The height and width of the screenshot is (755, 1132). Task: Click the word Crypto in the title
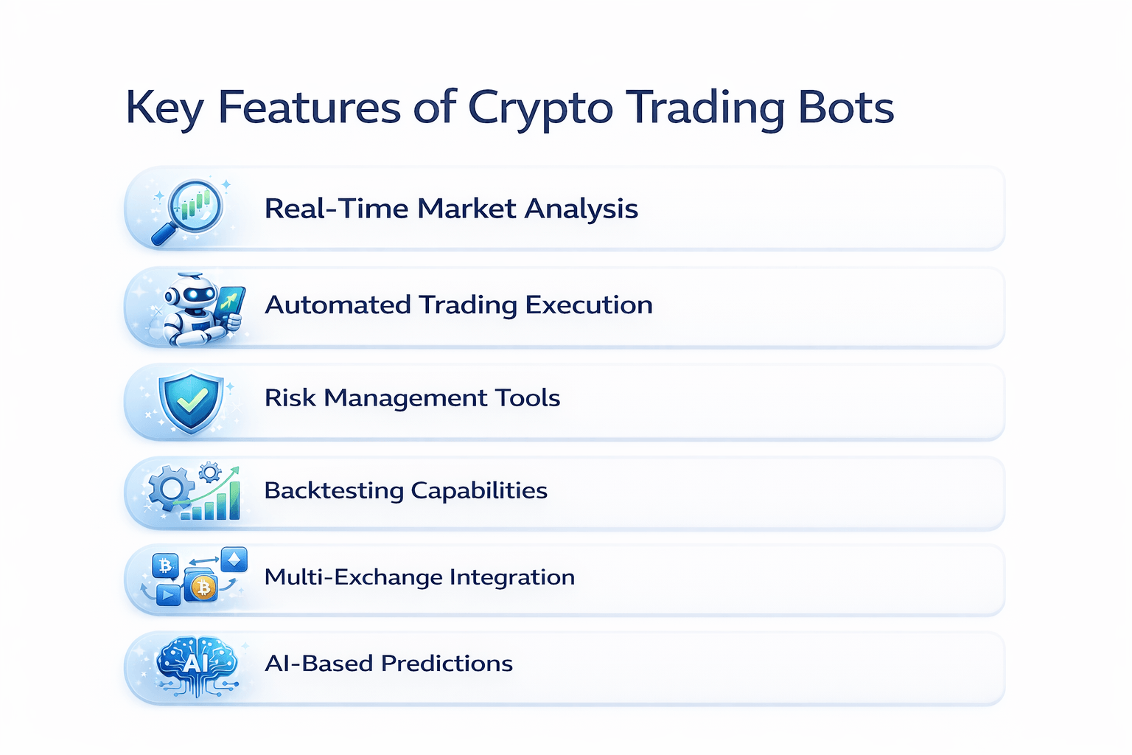(540, 108)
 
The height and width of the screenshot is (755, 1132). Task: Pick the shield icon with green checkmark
(191, 401)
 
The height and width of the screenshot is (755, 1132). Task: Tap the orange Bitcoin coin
(203, 588)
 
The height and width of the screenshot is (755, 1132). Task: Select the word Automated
(338, 305)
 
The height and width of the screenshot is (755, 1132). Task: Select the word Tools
(528, 398)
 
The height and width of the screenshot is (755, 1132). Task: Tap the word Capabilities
(479, 491)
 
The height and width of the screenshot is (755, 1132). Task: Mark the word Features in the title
(309, 108)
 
